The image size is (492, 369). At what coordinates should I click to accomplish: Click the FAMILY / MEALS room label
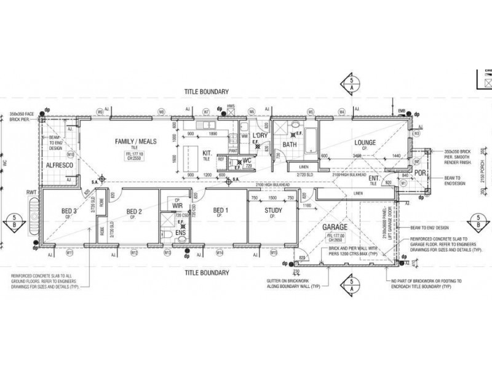pyautogui.click(x=136, y=142)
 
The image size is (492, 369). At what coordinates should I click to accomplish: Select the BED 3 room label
pyautogui.click(x=68, y=212)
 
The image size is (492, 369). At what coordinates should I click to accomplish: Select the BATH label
pyautogui.click(x=290, y=145)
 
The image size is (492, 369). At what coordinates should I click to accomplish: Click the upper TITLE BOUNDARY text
pyautogui.click(x=207, y=90)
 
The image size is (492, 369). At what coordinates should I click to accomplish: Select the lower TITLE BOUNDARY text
pyautogui.click(x=207, y=271)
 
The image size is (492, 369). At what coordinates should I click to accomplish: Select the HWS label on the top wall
pyautogui.click(x=231, y=106)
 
